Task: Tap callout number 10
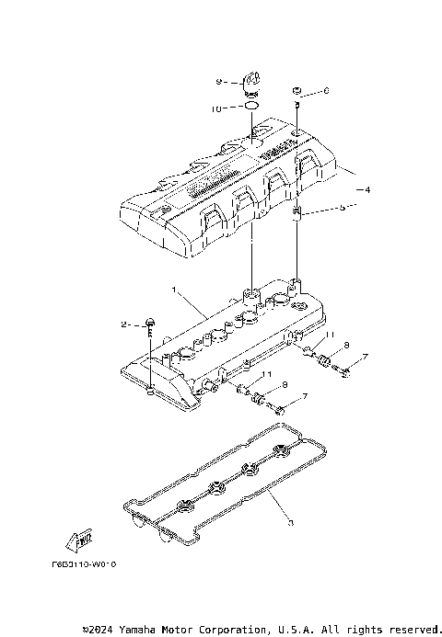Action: coord(215,108)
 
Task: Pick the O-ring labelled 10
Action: coord(250,108)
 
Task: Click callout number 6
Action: coord(326,92)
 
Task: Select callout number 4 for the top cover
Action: coord(367,190)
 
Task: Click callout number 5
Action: coord(342,208)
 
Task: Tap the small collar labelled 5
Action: coord(297,216)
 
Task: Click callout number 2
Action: coord(122,324)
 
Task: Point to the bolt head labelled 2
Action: coord(149,324)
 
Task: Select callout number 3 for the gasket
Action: coord(290,523)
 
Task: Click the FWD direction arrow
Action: coord(78,538)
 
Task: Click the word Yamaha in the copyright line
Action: coord(146,630)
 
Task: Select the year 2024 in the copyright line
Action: coord(105,630)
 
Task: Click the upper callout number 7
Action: coord(365,357)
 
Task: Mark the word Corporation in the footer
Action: coord(233,630)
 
